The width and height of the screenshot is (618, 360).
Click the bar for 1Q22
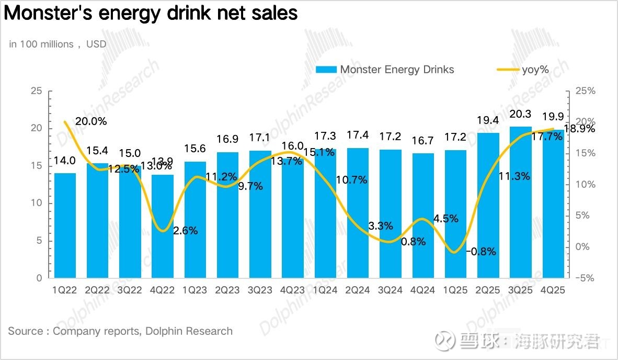(x=65, y=225)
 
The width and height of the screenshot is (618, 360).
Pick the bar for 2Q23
(x=228, y=215)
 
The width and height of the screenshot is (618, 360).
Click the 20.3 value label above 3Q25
(x=521, y=115)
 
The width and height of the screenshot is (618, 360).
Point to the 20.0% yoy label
(x=90, y=121)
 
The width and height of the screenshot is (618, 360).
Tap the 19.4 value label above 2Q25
(x=488, y=121)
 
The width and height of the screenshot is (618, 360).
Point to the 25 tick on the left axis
(x=36, y=91)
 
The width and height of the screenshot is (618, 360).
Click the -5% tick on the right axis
(x=585, y=278)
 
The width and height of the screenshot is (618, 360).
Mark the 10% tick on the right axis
(x=586, y=184)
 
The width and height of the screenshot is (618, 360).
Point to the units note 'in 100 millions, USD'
(x=58, y=44)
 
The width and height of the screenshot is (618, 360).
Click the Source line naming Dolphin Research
(x=120, y=331)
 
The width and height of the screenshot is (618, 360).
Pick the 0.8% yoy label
(x=414, y=242)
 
